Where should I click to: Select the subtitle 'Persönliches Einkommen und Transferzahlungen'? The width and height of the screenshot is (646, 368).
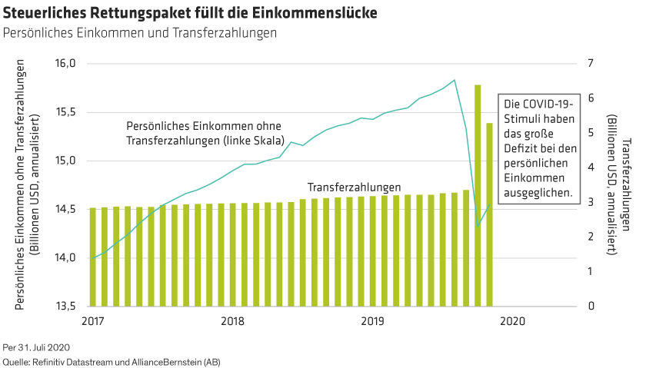pos(139,34)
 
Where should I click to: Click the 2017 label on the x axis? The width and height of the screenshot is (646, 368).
pos(92,320)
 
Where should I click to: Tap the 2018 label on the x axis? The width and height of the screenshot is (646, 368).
pos(232,320)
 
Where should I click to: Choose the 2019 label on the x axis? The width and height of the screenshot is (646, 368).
pos(373,320)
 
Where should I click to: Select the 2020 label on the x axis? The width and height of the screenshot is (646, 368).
pos(513,320)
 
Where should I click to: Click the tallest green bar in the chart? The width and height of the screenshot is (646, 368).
pos(478,192)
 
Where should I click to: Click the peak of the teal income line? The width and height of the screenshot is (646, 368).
pos(455,80)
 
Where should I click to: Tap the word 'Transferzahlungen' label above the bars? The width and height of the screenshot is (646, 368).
pos(354,187)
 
